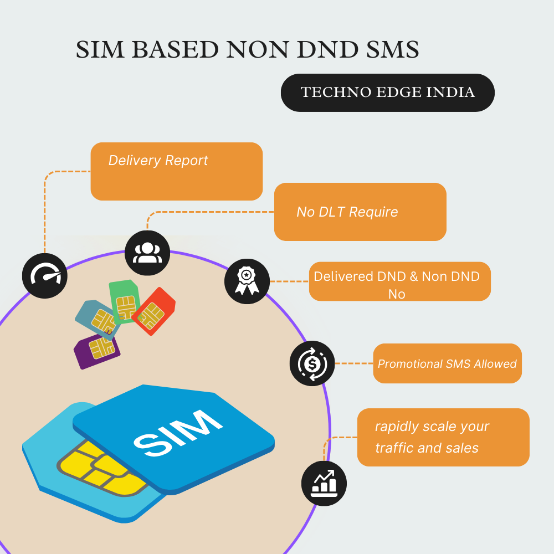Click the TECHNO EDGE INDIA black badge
pos(387,93)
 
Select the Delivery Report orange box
pos(176,171)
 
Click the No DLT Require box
pos(360,212)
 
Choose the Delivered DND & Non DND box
pos(399,282)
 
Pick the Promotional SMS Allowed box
pos(447,363)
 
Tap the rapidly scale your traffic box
pos(443,437)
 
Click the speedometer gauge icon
pos(45,275)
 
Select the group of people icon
pos(147,253)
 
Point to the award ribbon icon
pos(247,281)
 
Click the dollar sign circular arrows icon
pos(312,363)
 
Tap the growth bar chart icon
pos(324,483)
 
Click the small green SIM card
pos(125,300)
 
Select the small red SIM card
pos(153,311)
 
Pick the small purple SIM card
pos(98,350)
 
